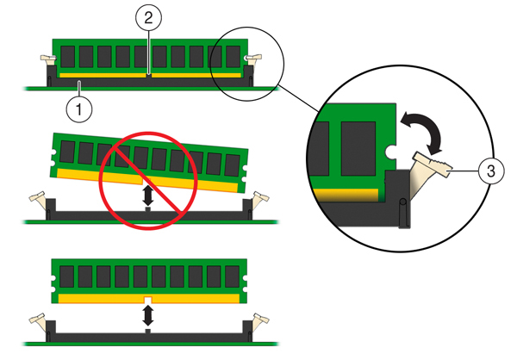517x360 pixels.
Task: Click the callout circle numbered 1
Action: click(x=78, y=109)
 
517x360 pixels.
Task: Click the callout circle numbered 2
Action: click(x=147, y=18)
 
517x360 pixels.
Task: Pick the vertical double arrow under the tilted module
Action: click(x=147, y=196)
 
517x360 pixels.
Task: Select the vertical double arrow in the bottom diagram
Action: click(x=147, y=315)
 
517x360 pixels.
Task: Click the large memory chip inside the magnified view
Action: click(x=359, y=142)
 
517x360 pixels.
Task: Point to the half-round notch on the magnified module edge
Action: click(x=392, y=152)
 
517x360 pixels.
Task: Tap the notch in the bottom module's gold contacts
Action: click(x=147, y=300)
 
